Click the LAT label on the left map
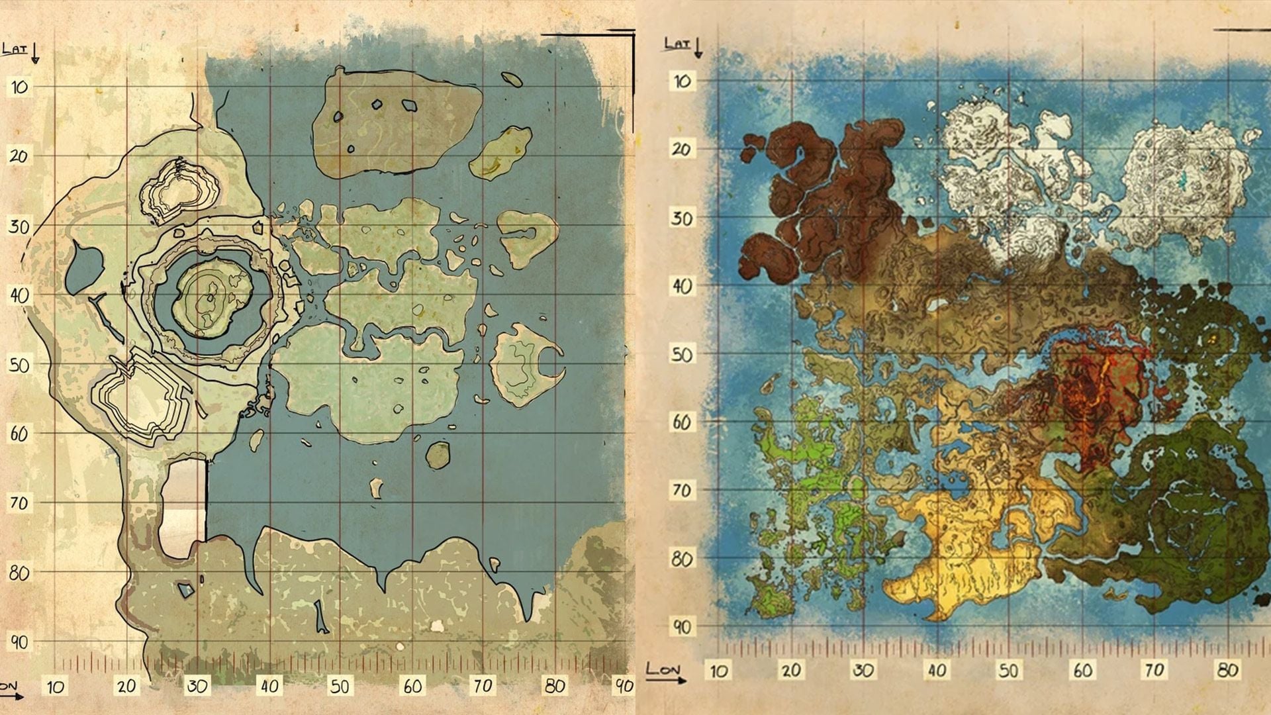pyautogui.click(x=15, y=48)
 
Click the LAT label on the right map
pyautogui.click(x=677, y=44)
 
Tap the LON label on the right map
pyautogui.click(x=663, y=669)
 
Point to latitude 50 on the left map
pyautogui.click(x=19, y=364)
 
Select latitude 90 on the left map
pyautogui.click(x=19, y=642)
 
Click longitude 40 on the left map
pyautogui.click(x=269, y=686)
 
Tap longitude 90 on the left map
pyautogui.click(x=624, y=686)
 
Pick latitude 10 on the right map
pyautogui.click(x=682, y=81)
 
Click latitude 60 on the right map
pyautogui.click(x=682, y=422)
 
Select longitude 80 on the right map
pyautogui.click(x=1227, y=671)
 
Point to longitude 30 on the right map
pyautogui.click(x=863, y=671)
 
